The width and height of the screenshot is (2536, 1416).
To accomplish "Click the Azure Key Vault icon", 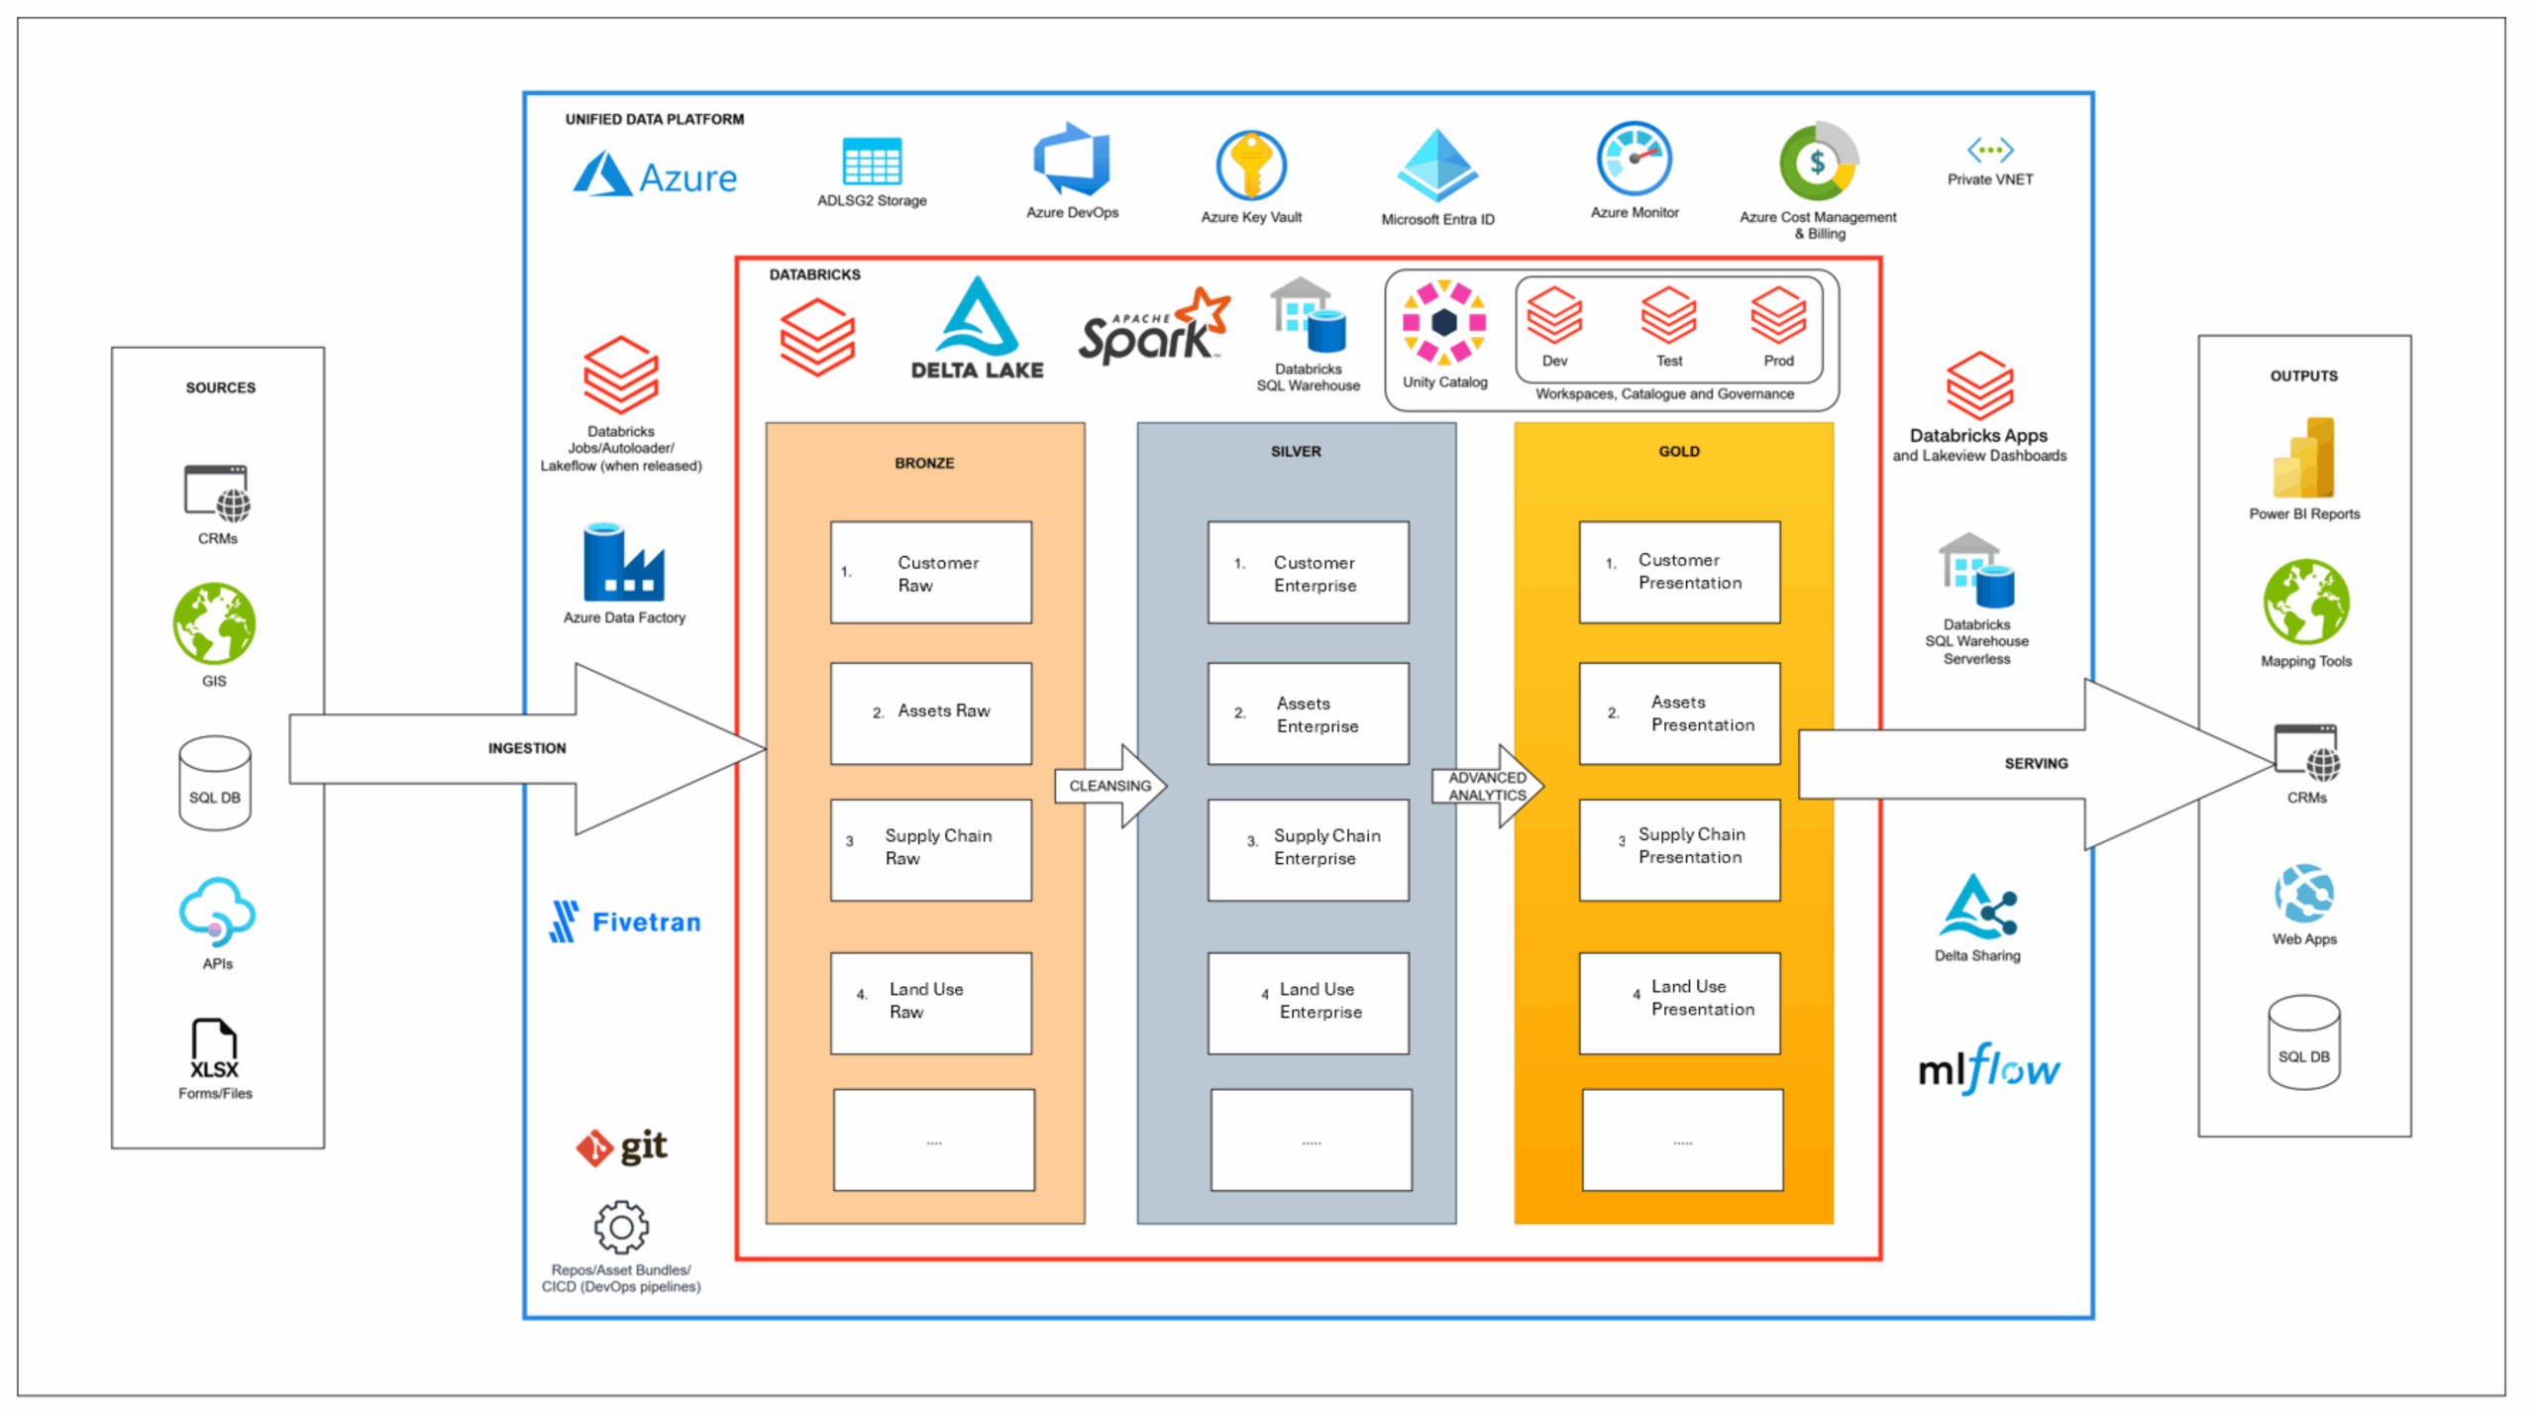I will coord(1250,165).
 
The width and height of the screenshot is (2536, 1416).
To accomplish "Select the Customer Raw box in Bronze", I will coord(930,572).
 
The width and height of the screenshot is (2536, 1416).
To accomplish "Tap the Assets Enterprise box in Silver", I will coord(1308,713).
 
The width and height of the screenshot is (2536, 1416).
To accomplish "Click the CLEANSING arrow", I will coord(1110,786).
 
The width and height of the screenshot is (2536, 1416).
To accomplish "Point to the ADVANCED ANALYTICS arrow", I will coord(1487,786).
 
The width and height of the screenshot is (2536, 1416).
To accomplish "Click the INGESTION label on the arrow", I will coord(527,748).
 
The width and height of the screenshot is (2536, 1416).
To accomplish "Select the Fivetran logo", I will coord(625,922).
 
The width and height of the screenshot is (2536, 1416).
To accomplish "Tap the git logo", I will coord(622,1146).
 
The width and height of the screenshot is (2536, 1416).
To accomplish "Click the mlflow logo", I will coord(1988,1068).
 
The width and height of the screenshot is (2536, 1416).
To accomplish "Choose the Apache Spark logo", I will coord(1153,328).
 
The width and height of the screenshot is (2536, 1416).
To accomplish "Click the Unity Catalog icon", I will coord(1443,322).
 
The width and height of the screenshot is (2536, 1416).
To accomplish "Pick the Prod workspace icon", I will coord(1777,316).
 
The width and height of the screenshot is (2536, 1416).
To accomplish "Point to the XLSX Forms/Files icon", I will coord(214,1048).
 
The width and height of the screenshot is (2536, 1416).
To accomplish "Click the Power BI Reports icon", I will coord(2304,458).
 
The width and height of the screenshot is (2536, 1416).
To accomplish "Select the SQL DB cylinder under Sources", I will coord(214,782).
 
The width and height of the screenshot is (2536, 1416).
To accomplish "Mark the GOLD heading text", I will coord(1678,451).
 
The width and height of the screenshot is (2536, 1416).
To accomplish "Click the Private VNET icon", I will coord(1989,151).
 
